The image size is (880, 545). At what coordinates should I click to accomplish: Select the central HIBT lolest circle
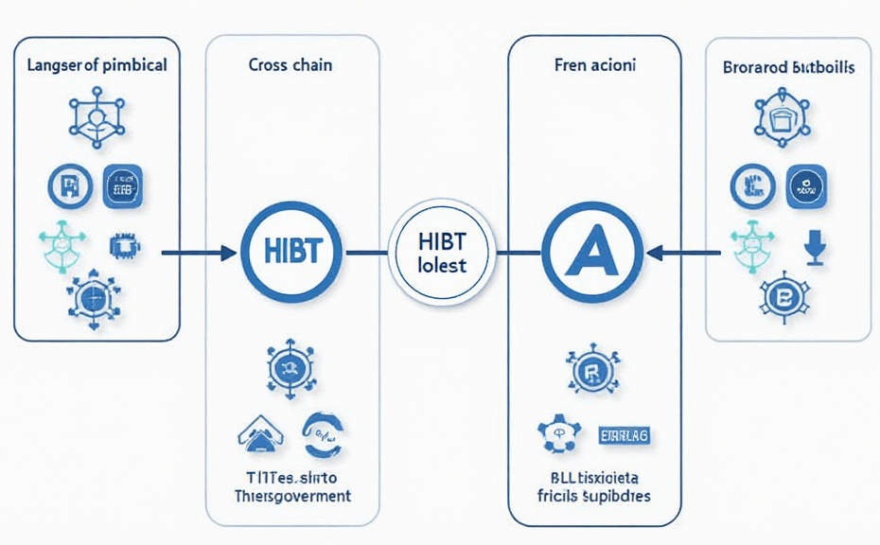tap(441, 253)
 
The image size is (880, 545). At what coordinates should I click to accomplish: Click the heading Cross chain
tap(291, 66)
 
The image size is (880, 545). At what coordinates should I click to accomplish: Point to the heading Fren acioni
tap(594, 66)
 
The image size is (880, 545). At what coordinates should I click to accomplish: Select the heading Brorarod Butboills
tap(788, 68)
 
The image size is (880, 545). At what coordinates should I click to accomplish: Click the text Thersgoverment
tap(291, 496)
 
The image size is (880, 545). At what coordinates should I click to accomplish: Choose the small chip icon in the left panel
tap(123, 246)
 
